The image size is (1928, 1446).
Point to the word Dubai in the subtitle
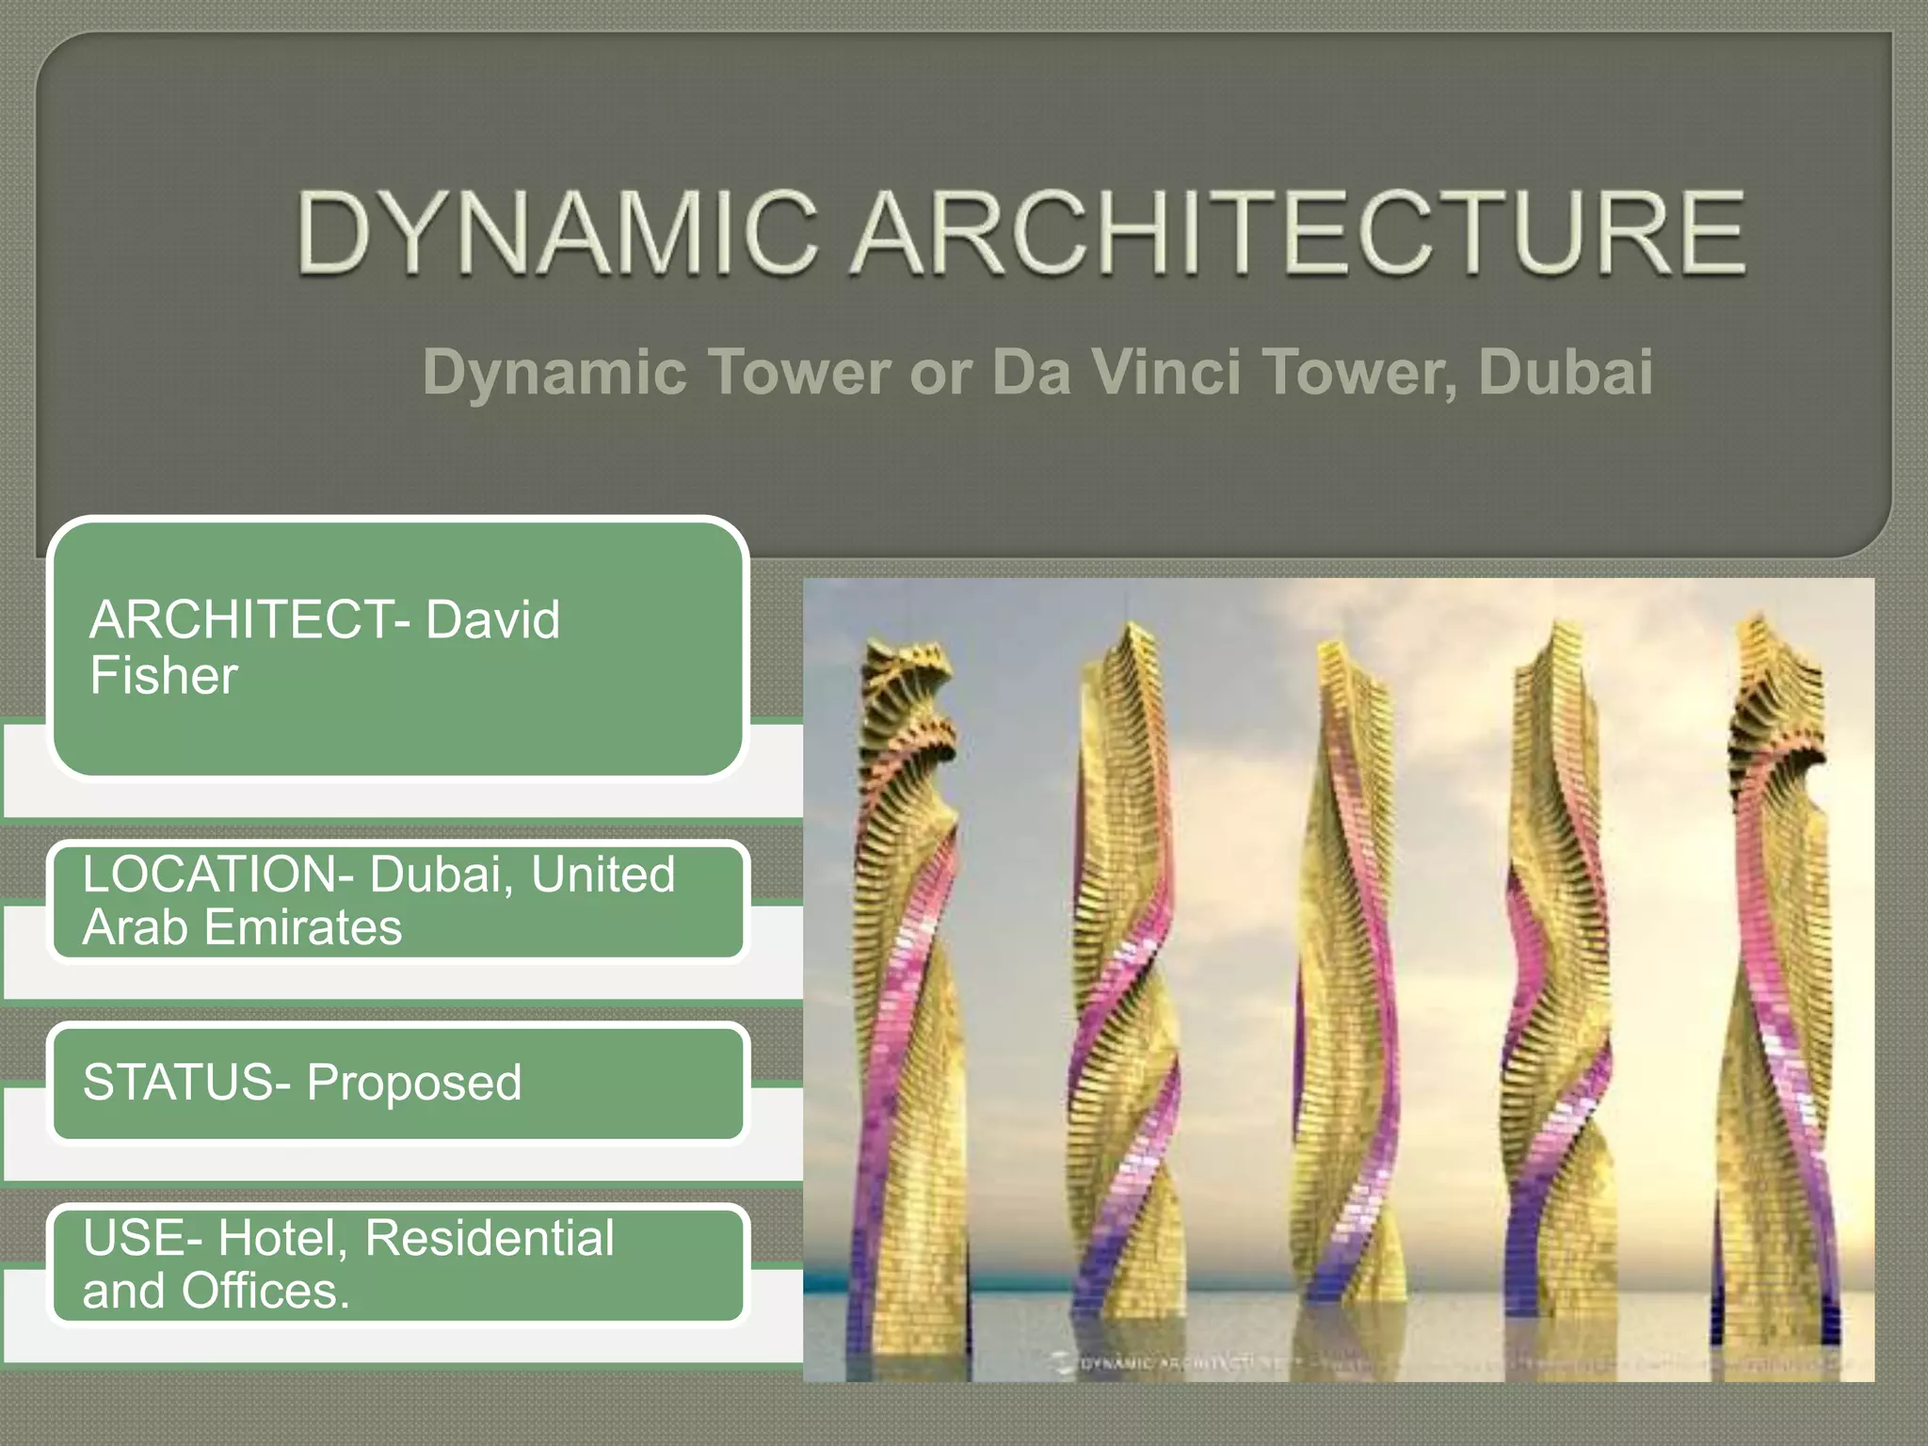1565,372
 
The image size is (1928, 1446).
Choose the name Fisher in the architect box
164,676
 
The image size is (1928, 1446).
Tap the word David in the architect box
492,619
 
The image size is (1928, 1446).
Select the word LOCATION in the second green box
211,875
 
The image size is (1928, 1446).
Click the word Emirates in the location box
302,927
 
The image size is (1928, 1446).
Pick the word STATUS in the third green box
178,1083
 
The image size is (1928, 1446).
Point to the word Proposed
413,1083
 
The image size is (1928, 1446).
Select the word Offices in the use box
265,1291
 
